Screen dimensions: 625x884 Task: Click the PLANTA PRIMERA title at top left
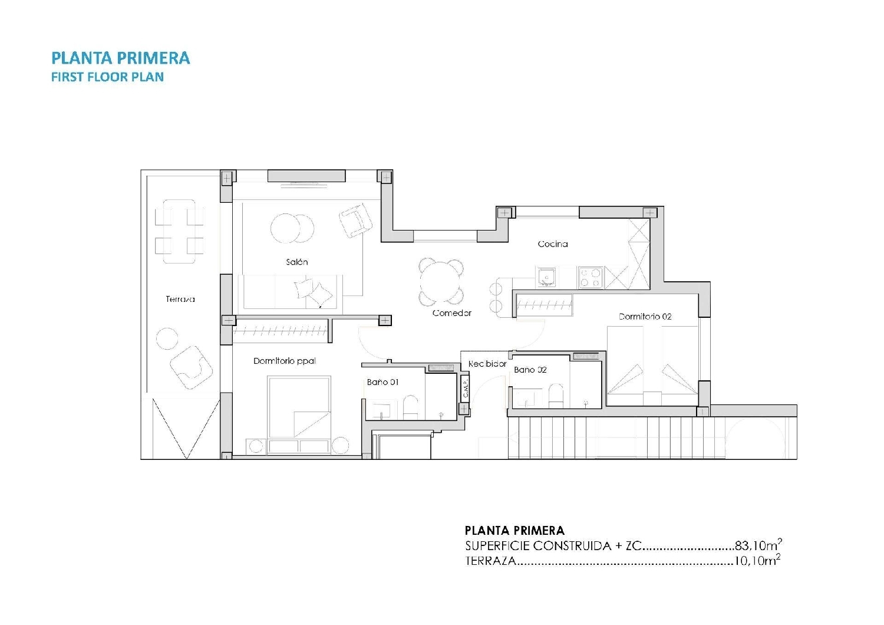point(120,58)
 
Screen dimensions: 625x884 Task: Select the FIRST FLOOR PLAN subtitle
point(107,77)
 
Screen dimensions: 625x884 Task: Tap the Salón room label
point(296,262)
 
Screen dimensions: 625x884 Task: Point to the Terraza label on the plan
point(180,299)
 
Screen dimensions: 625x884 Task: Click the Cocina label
point(552,244)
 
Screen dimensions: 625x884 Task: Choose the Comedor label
point(451,313)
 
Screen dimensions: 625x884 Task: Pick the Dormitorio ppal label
point(285,361)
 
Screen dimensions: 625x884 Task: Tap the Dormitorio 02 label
point(645,317)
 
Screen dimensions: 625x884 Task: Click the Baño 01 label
point(382,382)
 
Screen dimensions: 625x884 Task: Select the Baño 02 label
point(530,370)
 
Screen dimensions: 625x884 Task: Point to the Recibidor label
point(487,364)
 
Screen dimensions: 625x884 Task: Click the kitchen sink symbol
point(546,277)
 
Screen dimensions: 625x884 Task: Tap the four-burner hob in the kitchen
point(589,277)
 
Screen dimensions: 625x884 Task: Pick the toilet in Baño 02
point(555,395)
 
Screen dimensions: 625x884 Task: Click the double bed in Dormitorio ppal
point(299,408)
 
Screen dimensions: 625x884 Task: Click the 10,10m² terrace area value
point(757,561)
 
